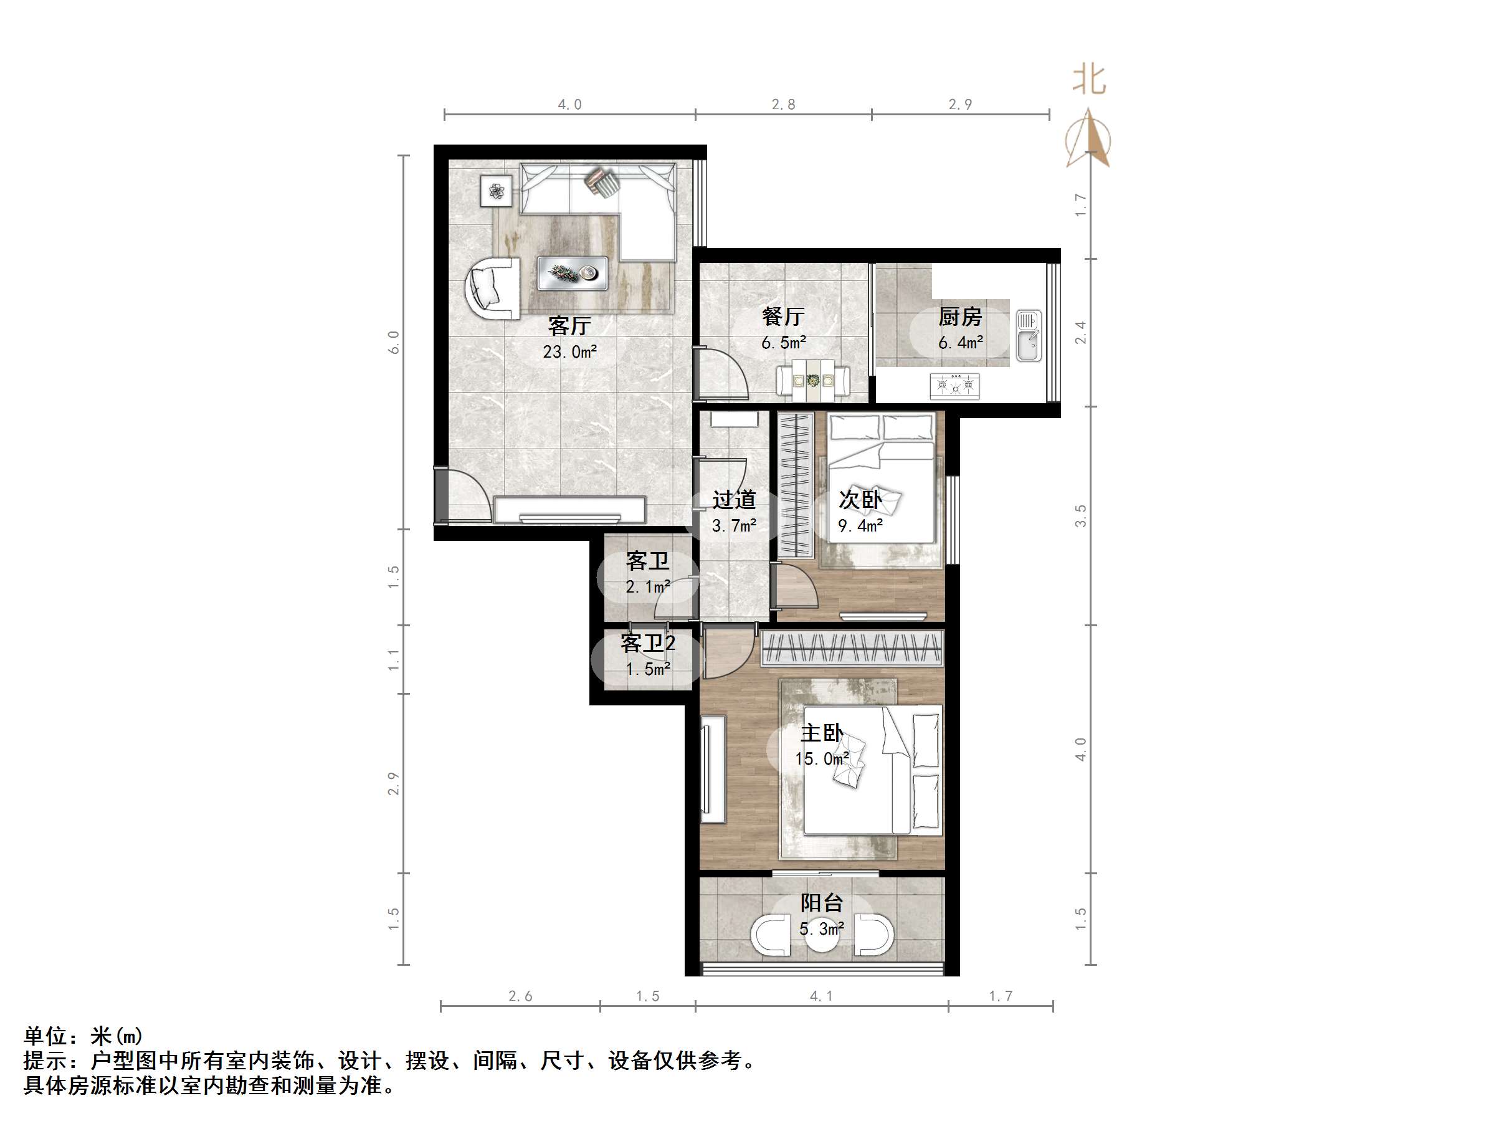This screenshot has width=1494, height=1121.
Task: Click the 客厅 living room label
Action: (569, 327)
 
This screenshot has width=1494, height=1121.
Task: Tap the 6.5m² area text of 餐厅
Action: (784, 343)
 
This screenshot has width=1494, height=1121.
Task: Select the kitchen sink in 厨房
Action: (1028, 336)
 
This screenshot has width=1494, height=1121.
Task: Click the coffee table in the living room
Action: (572, 273)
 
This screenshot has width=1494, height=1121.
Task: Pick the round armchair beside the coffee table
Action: (492, 288)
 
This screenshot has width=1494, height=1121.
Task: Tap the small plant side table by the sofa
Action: (497, 191)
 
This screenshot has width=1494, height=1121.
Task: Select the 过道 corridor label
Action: (734, 500)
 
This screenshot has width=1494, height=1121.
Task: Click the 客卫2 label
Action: (648, 642)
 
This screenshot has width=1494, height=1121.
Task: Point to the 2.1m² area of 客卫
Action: (648, 586)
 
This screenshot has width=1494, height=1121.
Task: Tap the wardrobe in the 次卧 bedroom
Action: (795, 485)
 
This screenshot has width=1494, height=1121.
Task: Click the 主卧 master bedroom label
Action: (821, 733)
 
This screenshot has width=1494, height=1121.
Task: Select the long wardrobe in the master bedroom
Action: (852, 649)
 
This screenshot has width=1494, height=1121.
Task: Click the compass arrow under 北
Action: (1089, 139)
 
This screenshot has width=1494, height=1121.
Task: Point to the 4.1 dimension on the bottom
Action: (821, 996)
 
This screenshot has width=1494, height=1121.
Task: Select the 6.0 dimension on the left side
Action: (394, 342)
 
